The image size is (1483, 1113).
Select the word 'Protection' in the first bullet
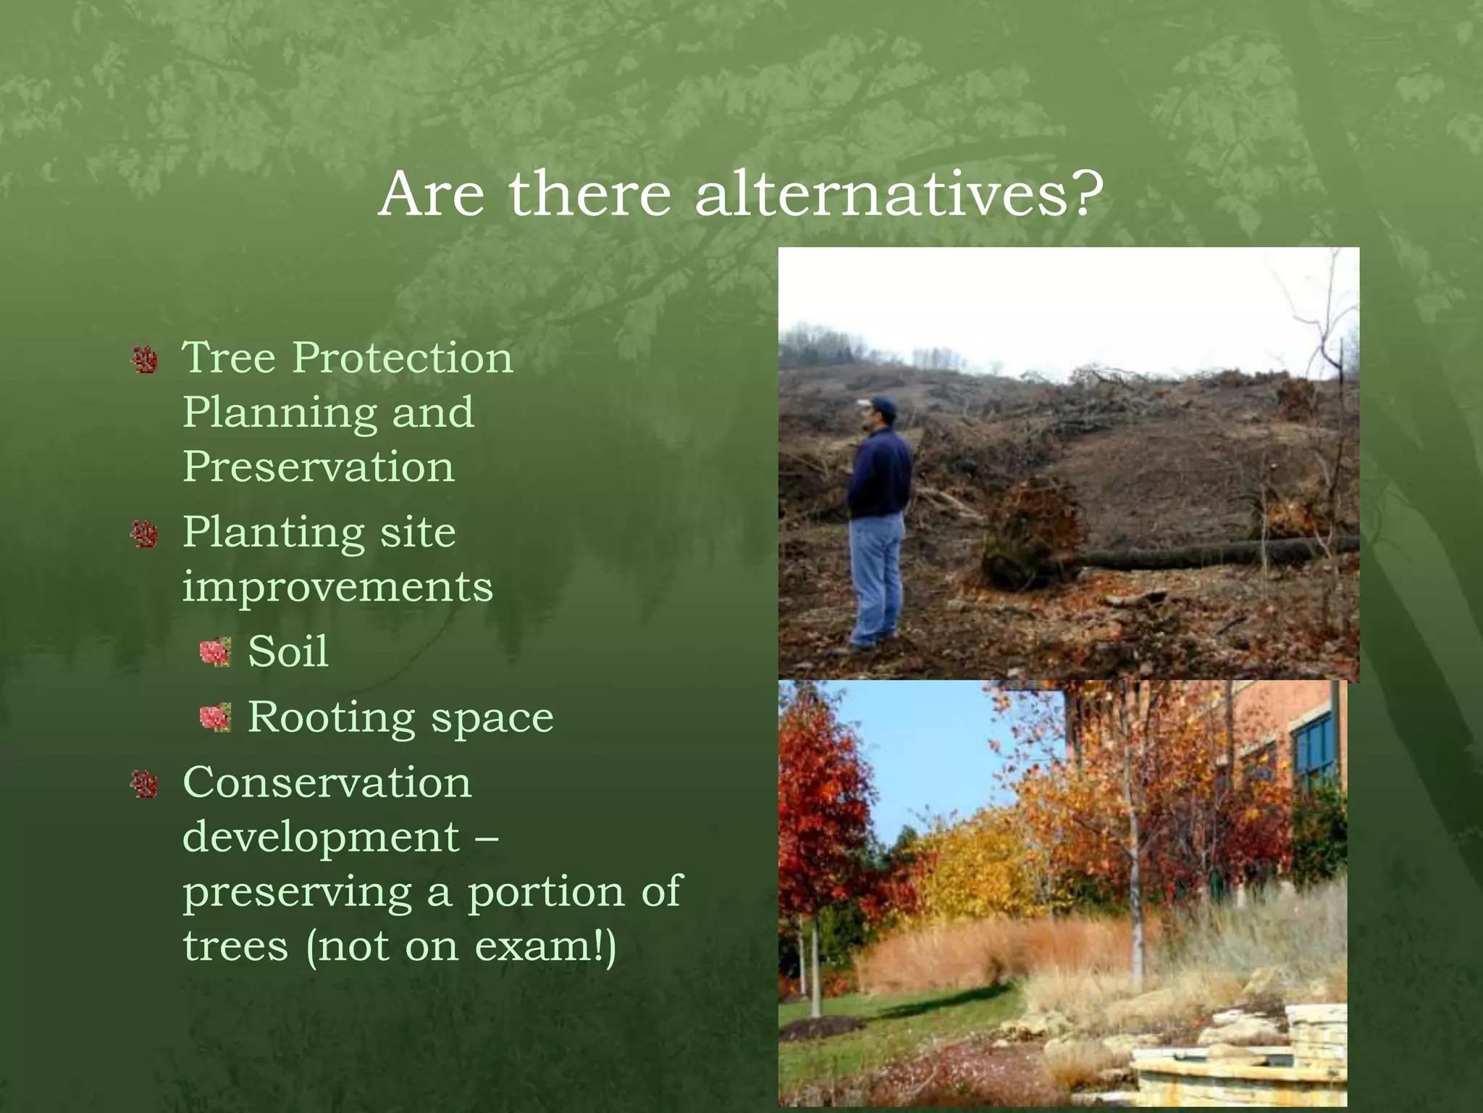pyautogui.click(x=403, y=357)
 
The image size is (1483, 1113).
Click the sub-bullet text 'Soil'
pyautogui.click(x=288, y=651)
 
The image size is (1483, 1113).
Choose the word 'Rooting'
pyautogui.click(x=332, y=717)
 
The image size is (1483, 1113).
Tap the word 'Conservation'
pyautogui.click(x=327, y=783)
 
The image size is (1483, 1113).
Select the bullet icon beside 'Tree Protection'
pyautogui.click(x=145, y=359)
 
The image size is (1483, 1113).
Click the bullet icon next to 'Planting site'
pyautogui.click(x=145, y=535)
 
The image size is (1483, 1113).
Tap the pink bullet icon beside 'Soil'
pyautogui.click(x=215, y=652)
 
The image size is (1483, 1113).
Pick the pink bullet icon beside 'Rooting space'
pyautogui.click(x=215, y=718)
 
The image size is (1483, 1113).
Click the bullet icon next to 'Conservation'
pyautogui.click(x=145, y=784)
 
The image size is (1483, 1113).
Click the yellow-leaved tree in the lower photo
pyautogui.click(x=970, y=870)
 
